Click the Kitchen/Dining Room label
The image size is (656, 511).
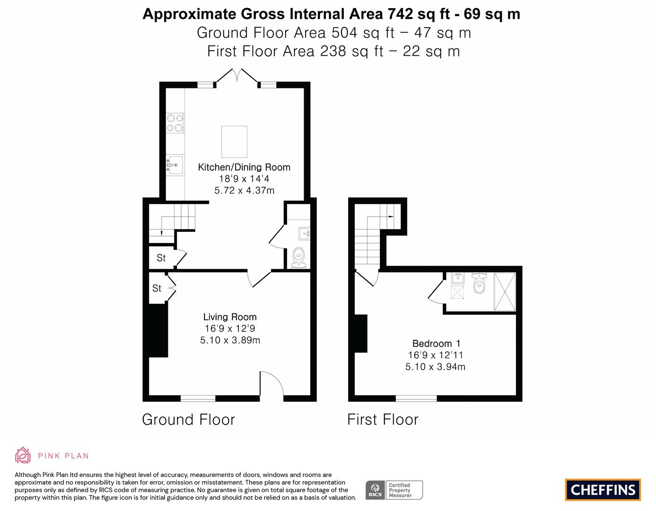[244, 167]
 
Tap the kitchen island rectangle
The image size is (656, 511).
[234, 141]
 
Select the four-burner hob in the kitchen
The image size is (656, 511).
[175, 123]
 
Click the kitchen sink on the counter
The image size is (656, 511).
[175, 165]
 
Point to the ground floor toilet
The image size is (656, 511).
[298, 258]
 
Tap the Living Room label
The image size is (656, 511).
[230, 317]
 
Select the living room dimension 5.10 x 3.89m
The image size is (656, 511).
[230, 340]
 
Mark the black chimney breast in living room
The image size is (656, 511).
[158, 330]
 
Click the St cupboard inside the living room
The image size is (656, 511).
[157, 288]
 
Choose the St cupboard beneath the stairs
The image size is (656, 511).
[161, 258]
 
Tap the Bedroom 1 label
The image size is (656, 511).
[436, 344]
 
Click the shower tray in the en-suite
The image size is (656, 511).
[505, 292]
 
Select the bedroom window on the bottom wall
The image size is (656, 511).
[416, 398]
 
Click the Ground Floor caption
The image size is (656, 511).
[188, 420]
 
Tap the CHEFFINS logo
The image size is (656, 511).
[603, 490]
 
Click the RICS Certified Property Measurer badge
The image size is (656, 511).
[394, 490]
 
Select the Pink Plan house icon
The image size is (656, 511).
[22, 455]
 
